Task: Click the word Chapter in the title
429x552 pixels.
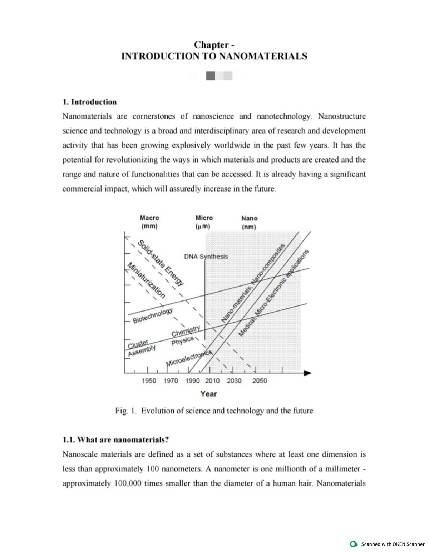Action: tap(211, 45)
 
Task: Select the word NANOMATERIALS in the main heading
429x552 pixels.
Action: tap(263, 56)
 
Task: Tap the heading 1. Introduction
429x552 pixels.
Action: tap(90, 102)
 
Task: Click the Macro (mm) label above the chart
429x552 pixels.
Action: tap(149, 222)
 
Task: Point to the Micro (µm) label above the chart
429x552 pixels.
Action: tap(204, 222)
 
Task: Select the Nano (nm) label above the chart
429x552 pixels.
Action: tap(249, 222)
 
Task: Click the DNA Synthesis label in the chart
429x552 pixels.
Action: tap(206, 257)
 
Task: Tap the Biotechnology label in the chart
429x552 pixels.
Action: tap(153, 315)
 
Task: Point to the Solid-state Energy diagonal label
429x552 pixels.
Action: tap(161, 263)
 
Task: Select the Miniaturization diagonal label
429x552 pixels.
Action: tap(147, 280)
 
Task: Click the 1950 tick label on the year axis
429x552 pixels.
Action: tap(149, 381)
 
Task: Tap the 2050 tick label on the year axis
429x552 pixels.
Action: tap(260, 381)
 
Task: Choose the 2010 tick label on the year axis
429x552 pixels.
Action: tap(212, 381)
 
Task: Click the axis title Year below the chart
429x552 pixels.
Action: tap(208, 394)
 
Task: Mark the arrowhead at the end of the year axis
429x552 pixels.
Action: tap(307, 373)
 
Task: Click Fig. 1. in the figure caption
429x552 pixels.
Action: tap(126, 411)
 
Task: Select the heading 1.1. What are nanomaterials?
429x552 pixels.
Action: tap(115, 440)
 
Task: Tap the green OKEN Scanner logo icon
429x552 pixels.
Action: tap(354, 544)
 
